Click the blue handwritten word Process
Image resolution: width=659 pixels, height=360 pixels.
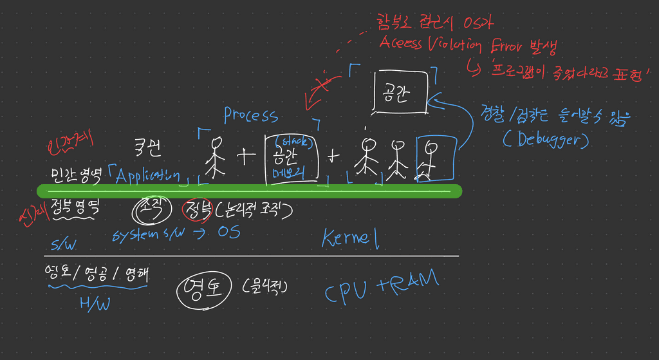pos(251,115)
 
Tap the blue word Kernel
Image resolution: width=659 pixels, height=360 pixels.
pos(350,239)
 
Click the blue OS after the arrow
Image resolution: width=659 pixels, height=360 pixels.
pos(228,231)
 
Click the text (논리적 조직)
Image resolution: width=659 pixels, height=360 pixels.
pos(254,210)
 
